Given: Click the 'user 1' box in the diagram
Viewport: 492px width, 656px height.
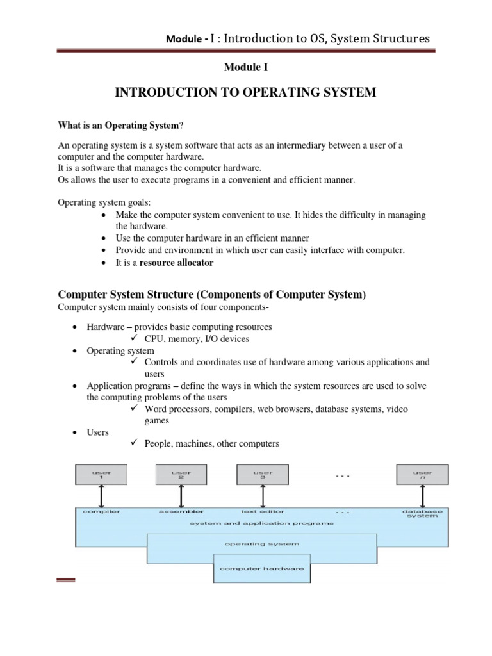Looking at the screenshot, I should (101, 475).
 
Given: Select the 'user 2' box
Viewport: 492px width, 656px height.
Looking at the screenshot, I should (181, 475).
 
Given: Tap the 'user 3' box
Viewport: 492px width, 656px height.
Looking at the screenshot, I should (262, 475).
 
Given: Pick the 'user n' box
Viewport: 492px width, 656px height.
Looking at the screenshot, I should (423, 475).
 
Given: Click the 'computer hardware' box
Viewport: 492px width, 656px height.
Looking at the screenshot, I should (261, 568).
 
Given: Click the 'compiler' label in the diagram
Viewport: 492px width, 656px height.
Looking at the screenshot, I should (96, 511).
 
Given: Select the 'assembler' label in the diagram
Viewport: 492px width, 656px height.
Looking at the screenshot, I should (181, 511).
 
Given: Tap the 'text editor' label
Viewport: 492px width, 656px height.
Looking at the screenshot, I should (262, 511).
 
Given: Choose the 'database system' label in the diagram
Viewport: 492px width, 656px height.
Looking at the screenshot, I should (420, 514).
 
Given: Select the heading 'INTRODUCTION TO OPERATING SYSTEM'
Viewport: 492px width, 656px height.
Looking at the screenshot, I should (245, 94).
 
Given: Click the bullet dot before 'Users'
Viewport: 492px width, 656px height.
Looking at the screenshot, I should (76, 433).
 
